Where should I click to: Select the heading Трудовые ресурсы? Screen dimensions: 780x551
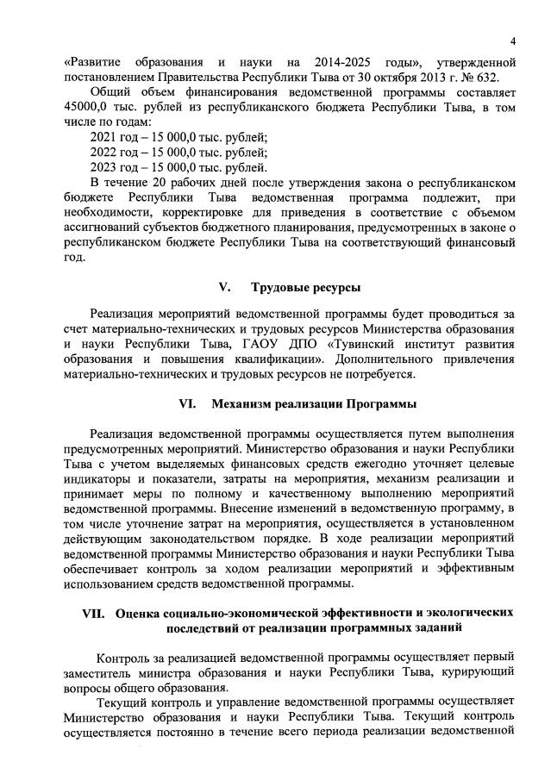click(305, 287)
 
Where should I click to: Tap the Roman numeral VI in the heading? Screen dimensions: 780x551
click(187, 403)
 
